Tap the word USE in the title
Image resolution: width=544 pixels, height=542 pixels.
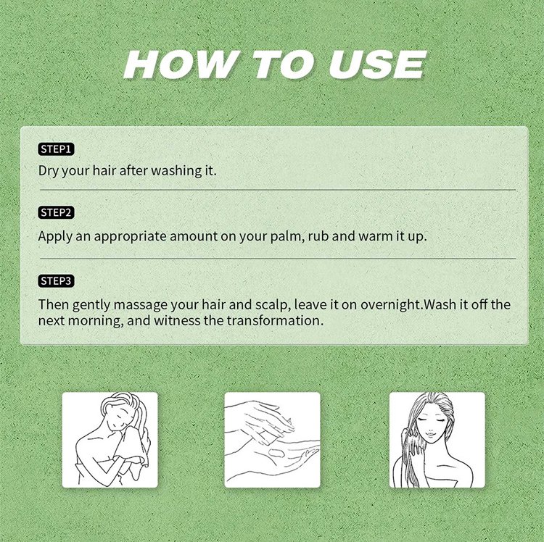[x=378, y=64]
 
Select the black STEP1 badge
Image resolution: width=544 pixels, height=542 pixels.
[x=56, y=149]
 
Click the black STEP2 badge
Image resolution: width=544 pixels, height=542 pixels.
[x=56, y=212]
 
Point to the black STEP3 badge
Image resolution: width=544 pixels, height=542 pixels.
[x=56, y=280]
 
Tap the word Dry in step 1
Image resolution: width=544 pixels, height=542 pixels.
[x=48, y=171]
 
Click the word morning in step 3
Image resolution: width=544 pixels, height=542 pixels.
[x=96, y=321]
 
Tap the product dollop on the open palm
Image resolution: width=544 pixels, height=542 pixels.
[x=276, y=453]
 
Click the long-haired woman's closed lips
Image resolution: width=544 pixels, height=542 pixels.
[x=430, y=434]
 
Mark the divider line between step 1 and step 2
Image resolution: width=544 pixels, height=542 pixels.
[x=278, y=190]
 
